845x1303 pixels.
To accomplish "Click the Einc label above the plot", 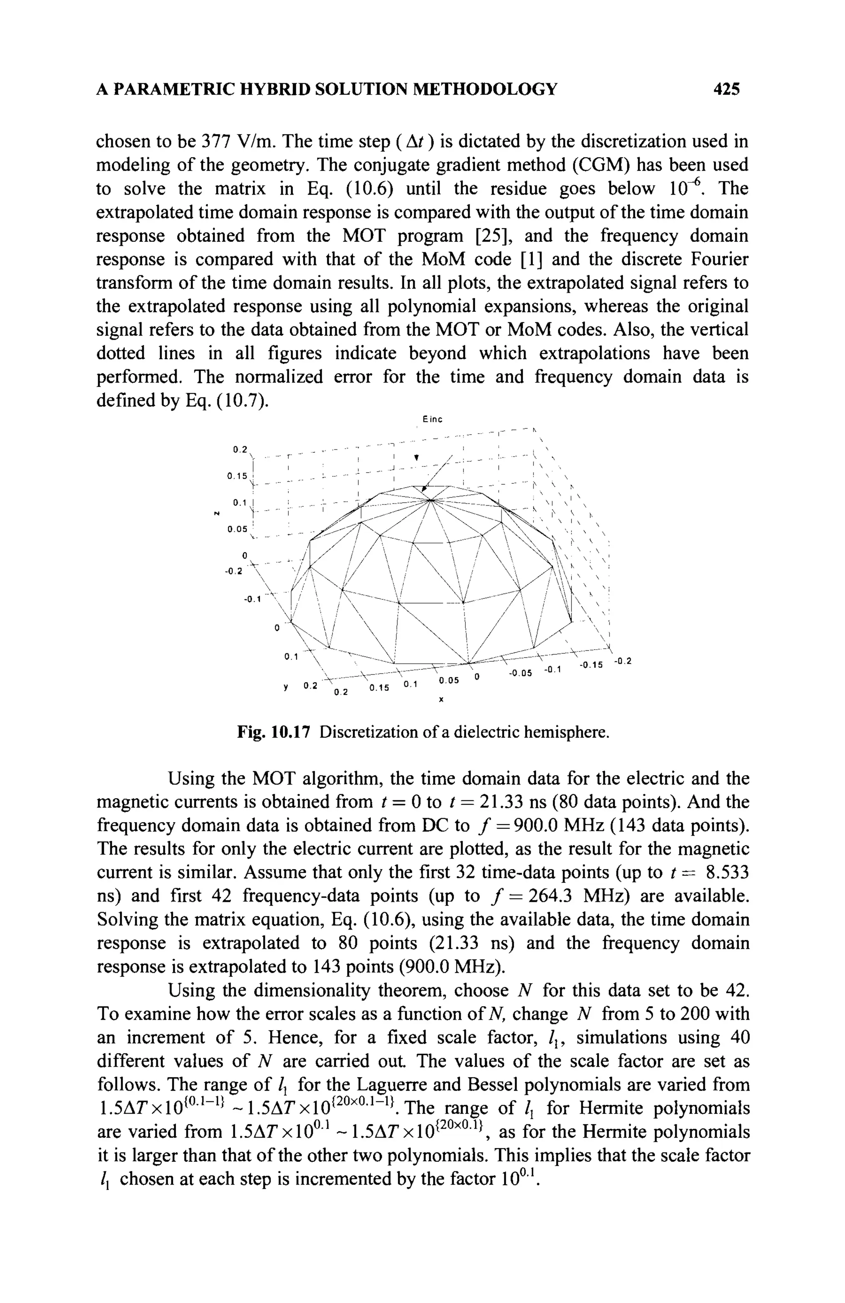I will [x=432, y=420].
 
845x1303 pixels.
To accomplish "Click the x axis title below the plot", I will [x=441, y=700].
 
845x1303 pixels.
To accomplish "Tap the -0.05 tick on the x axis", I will [x=520, y=673].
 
